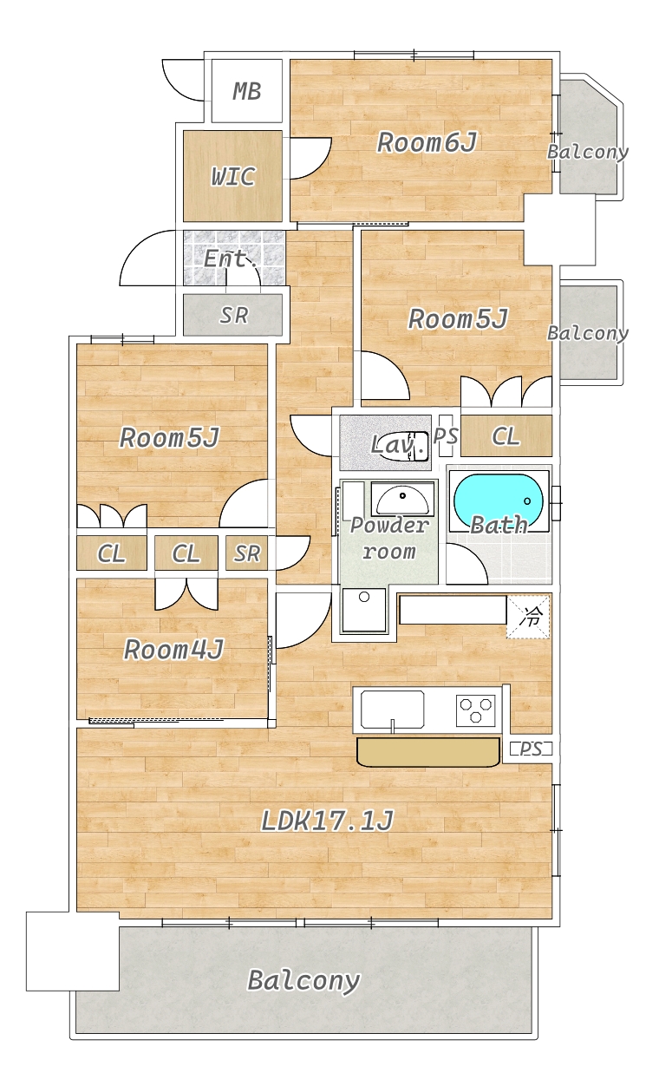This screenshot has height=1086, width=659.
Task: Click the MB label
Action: click(x=246, y=91)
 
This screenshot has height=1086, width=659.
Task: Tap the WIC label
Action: click(x=233, y=176)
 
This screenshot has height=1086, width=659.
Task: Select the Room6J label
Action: click(x=427, y=142)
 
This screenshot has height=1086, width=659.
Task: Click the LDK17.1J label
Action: click(x=327, y=821)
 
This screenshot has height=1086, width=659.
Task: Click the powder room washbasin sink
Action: click(x=402, y=500)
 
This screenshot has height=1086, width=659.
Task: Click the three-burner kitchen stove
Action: click(x=475, y=710)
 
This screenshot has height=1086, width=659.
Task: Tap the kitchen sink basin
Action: click(x=392, y=710)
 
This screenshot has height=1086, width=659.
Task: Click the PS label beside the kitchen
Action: click(x=531, y=749)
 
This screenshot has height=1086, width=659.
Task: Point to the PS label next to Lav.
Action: click(x=446, y=435)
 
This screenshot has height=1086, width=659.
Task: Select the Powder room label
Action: click(x=389, y=538)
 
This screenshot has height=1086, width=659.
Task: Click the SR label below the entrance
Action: click(x=233, y=316)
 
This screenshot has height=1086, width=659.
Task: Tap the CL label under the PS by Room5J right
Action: click(x=506, y=436)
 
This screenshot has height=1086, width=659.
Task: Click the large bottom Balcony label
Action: click(x=303, y=981)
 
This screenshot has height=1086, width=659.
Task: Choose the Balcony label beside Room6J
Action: click(x=588, y=152)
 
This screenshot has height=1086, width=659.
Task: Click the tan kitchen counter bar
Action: click(x=428, y=752)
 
